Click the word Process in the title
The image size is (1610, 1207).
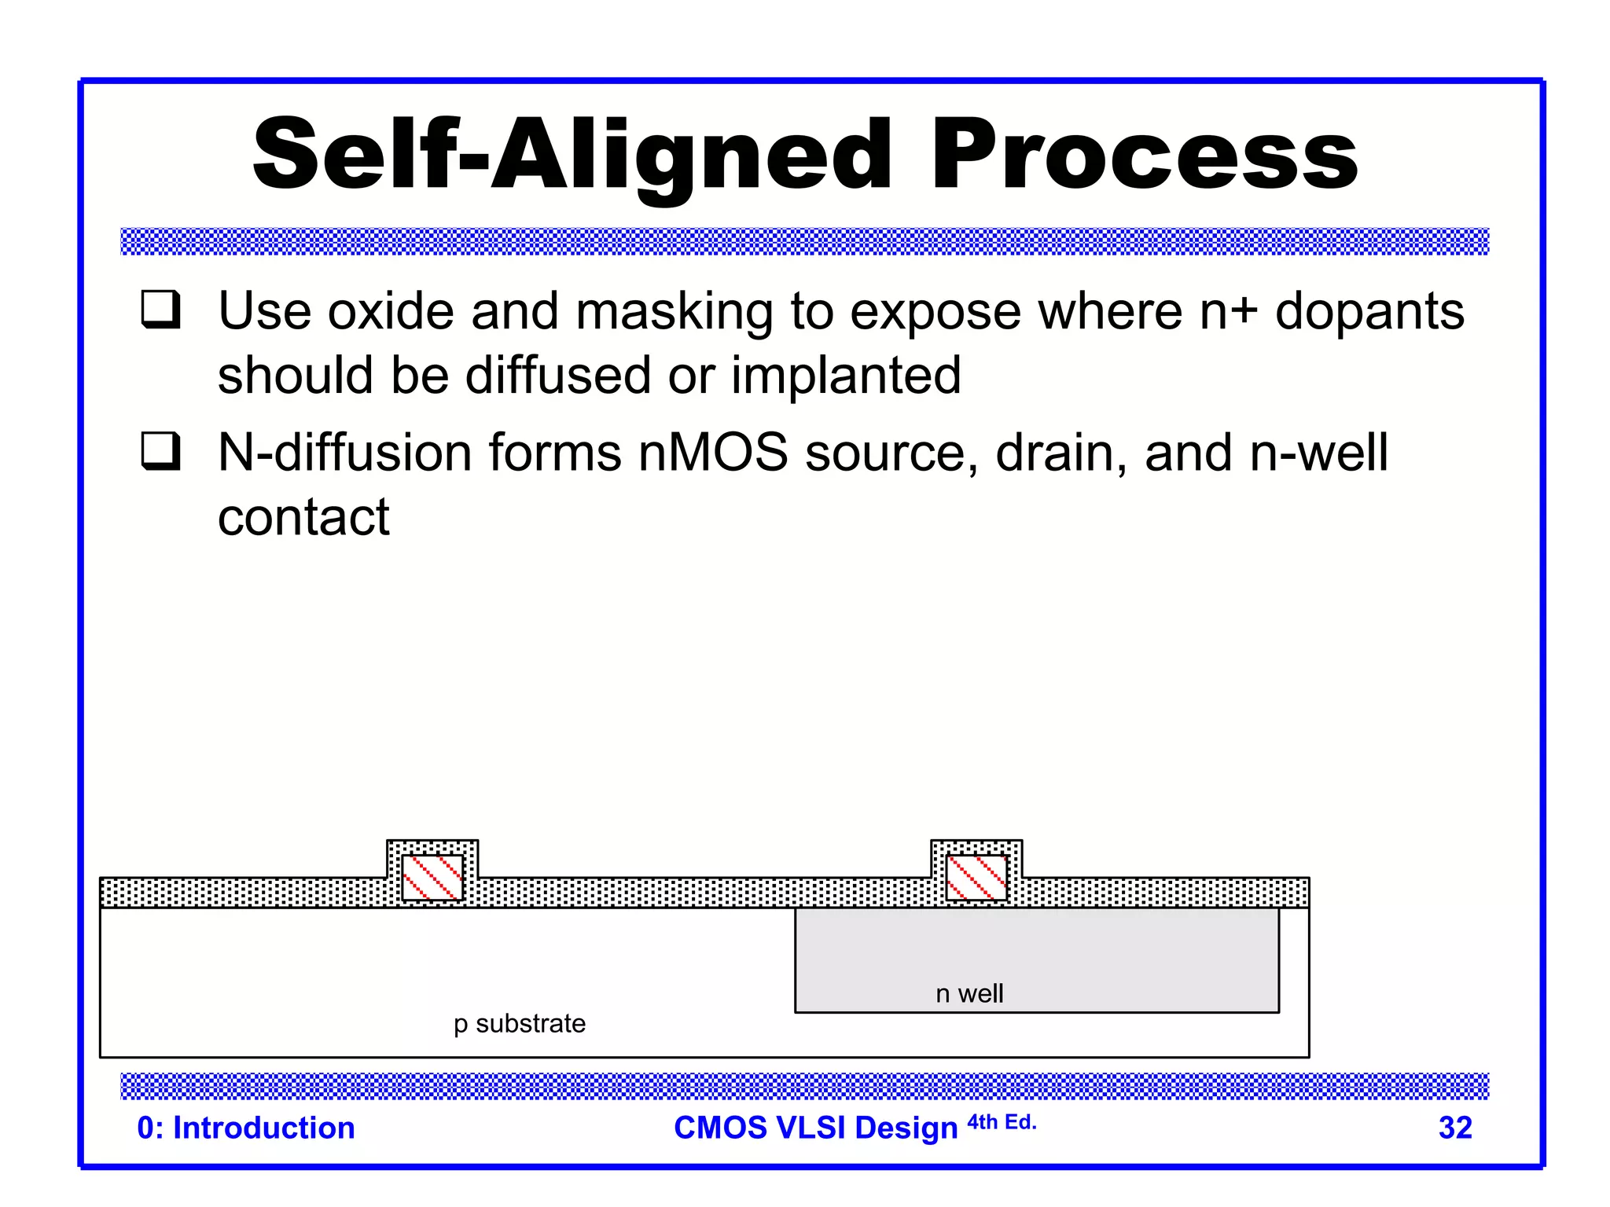pos(1144,155)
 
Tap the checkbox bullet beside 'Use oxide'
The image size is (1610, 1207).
pos(161,310)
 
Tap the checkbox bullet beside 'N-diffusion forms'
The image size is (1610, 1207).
pos(161,451)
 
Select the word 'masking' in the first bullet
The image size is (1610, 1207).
pos(675,312)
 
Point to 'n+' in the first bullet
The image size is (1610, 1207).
pos(1228,312)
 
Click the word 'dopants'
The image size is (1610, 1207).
pos(1369,312)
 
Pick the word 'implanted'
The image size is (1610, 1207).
pos(846,375)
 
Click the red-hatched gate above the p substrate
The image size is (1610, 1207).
pos(432,877)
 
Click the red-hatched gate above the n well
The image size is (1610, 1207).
pos(976,877)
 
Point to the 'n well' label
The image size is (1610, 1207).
pos(969,994)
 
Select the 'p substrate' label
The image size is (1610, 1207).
pos(520,1024)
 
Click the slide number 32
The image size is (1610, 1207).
pos(1455,1128)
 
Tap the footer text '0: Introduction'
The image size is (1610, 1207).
pos(246,1128)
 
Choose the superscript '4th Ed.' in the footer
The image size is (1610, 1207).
pos(1002,1122)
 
